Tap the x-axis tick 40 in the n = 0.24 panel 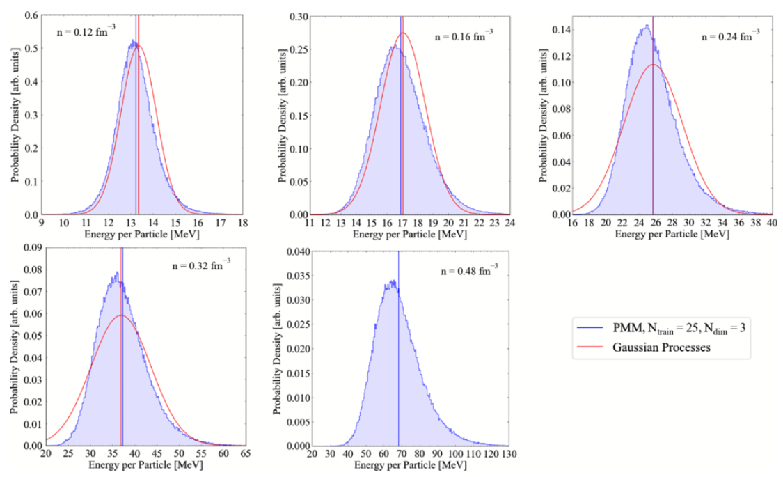(x=771, y=223)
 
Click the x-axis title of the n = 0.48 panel (x=410, y=464)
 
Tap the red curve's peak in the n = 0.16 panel (x=403, y=33)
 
